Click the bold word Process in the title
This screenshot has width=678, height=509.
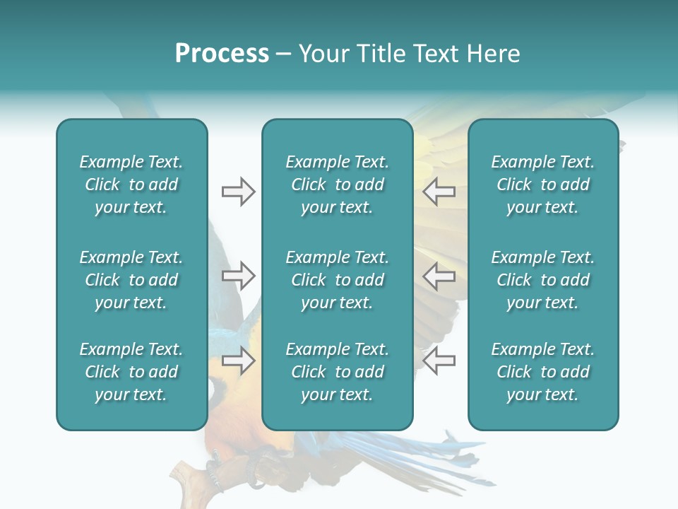(222, 54)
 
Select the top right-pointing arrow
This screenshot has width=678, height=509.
(238, 192)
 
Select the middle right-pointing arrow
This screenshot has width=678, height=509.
(238, 276)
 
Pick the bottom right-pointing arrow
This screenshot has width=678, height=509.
(238, 361)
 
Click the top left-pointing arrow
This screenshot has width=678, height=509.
(439, 192)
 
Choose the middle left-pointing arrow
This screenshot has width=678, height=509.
(439, 276)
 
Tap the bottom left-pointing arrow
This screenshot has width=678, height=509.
(439, 361)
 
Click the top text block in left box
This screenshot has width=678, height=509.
(131, 185)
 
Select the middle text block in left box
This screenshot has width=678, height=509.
(131, 280)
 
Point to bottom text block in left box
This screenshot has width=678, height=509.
(131, 372)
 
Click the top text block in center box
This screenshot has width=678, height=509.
(337, 185)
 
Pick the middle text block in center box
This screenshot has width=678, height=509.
(337, 280)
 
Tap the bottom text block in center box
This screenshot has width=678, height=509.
(337, 372)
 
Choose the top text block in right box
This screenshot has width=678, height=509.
(543, 185)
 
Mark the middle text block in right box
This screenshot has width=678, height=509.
(543, 280)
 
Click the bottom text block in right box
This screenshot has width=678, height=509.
(543, 372)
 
